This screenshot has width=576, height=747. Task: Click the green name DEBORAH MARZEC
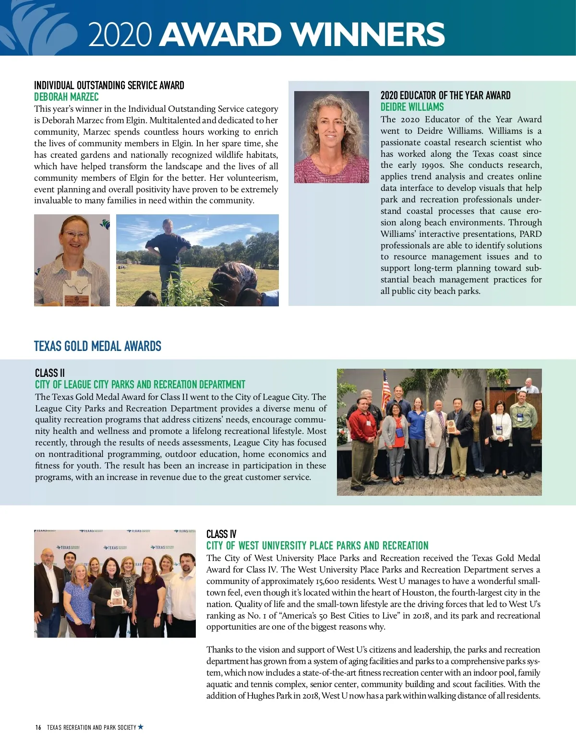click(66, 97)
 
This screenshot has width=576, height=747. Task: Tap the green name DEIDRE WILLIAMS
click(412, 107)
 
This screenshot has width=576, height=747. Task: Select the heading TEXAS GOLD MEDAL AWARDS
click(97, 346)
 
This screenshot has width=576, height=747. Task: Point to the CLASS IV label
click(221, 534)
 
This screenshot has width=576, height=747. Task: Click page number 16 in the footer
click(38, 727)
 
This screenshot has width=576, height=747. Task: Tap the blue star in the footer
click(141, 727)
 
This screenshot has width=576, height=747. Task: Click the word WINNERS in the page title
click(368, 35)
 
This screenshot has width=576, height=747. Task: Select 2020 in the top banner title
click(120, 35)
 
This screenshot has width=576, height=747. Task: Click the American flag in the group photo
click(386, 388)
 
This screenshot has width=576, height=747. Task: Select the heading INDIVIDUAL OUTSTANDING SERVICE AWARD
click(109, 85)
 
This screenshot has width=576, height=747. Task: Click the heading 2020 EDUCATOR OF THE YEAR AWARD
click(445, 95)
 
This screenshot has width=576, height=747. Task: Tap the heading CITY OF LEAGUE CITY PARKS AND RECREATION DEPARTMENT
click(140, 385)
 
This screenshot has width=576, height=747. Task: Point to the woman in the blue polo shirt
click(417, 427)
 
